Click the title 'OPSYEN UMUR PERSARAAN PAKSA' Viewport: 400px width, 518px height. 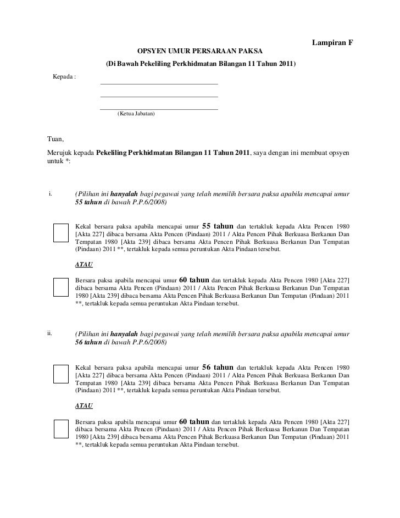[200, 51]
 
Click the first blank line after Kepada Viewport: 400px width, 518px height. [159, 83]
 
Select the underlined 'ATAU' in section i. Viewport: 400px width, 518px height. [84, 265]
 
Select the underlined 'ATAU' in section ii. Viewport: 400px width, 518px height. [84, 405]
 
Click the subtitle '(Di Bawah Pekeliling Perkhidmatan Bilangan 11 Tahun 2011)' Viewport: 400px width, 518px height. [200, 64]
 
